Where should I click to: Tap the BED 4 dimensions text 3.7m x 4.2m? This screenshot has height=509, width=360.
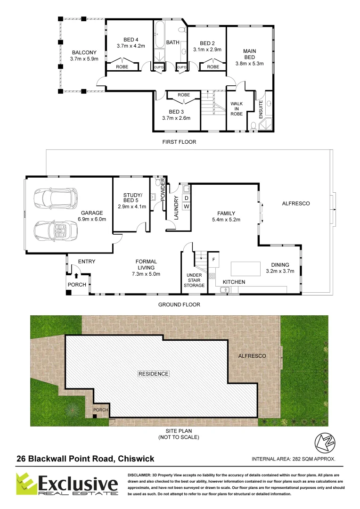pyautogui.click(x=131, y=46)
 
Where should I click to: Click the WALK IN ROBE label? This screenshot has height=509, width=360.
pyautogui.click(x=236, y=108)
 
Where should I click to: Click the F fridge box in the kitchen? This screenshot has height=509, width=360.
pyautogui.click(x=213, y=259)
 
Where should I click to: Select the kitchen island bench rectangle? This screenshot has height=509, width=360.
pyautogui.click(x=245, y=268)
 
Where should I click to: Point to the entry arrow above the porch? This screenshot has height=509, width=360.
pyautogui.click(x=76, y=275)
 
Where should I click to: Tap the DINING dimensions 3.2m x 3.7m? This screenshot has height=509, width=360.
pyautogui.click(x=280, y=271)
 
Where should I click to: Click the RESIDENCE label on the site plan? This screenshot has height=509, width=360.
pyautogui.click(x=153, y=374)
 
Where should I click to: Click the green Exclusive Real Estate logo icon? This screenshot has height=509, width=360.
pyautogui.click(x=25, y=485)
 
